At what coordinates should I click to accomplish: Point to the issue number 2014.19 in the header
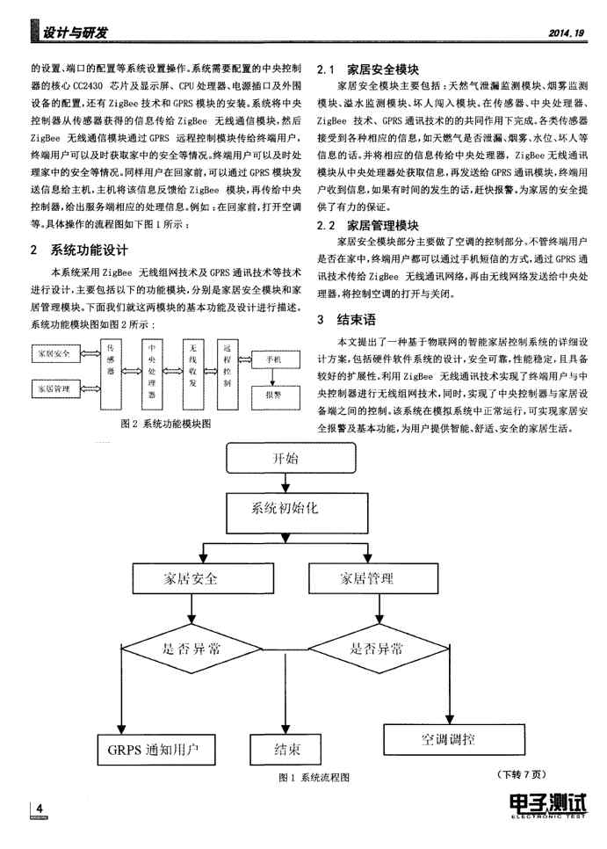pyautogui.click(x=565, y=33)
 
